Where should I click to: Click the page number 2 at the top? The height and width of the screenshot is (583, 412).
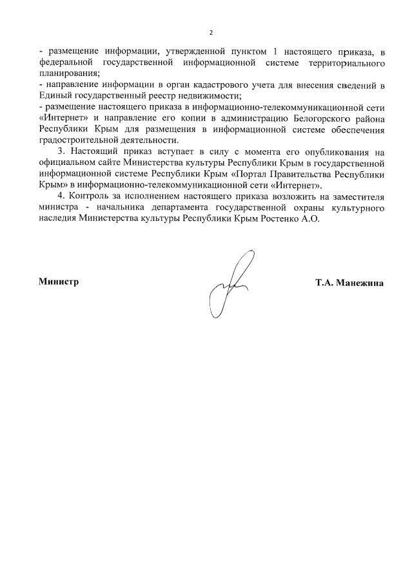[210, 32]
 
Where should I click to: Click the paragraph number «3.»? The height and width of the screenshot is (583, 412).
[62, 151]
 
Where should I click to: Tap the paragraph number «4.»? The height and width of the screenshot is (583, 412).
[62, 196]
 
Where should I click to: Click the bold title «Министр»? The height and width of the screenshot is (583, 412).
[59, 282]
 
